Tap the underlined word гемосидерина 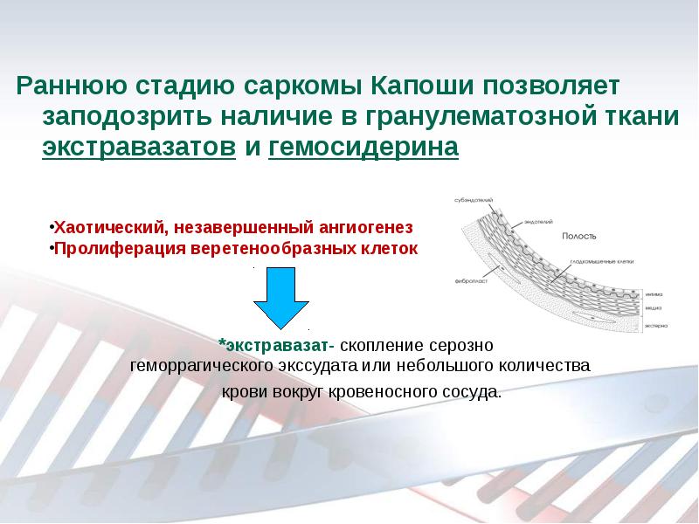pos(363,146)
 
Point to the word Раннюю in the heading pos(72,87)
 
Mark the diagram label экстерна pos(657,325)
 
